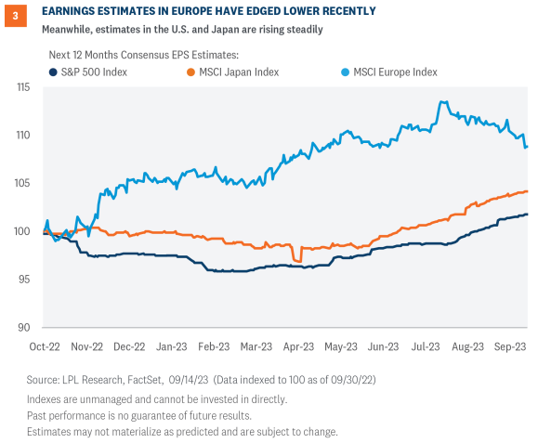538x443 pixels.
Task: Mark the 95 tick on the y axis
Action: tap(23, 280)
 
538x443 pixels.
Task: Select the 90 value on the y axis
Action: tap(23, 327)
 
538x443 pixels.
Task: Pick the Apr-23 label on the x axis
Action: tap(297, 346)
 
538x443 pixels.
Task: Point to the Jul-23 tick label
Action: tap(426, 346)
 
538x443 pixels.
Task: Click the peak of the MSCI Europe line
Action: tap(442, 102)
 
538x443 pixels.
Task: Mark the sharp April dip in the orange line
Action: tap(295, 260)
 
